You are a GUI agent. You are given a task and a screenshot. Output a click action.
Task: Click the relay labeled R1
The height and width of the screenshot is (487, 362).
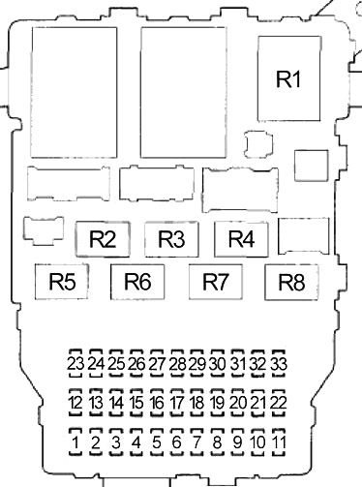coord(289,78)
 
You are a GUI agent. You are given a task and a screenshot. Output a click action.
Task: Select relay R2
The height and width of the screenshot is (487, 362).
coord(103,239)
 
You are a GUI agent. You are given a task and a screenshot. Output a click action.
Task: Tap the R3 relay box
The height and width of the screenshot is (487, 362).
coord(171,239)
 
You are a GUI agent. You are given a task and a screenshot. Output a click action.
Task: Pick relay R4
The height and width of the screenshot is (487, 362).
coord(241,239)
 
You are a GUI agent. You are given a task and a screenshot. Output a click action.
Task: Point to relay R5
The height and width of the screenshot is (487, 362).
coord(62,282)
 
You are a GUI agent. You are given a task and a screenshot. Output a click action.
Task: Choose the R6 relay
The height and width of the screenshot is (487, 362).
coord(137,282)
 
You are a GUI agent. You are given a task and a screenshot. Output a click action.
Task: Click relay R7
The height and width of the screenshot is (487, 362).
coord(216,282)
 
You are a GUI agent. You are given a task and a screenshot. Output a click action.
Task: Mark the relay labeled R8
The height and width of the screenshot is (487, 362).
coord(291,282)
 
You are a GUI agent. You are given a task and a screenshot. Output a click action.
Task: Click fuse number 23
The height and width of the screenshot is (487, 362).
coord(75,364)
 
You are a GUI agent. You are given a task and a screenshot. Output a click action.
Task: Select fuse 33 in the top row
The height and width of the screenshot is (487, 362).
coord(279,364)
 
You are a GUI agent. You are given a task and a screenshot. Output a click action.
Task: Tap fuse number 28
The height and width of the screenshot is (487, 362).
coord(177,364)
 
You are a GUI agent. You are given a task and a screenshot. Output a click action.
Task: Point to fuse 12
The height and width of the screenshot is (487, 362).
coord(75,403)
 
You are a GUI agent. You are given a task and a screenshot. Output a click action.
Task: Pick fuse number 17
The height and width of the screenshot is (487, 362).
coord(177,403)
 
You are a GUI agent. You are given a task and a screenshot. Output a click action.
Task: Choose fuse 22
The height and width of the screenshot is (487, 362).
coord(279,403)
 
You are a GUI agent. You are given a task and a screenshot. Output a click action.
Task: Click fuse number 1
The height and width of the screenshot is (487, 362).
coord(75,441)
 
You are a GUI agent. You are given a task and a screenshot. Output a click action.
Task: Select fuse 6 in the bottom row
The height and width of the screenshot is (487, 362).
coord(177,441)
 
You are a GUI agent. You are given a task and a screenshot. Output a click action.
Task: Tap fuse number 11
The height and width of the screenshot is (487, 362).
coord(279,441)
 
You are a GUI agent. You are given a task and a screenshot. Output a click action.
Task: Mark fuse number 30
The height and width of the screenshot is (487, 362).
coord(218,364)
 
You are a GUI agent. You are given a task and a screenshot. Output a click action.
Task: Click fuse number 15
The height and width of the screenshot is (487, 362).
coord(136,403)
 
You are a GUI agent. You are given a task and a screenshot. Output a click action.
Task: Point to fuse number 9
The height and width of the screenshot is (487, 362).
coord(238,441)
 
